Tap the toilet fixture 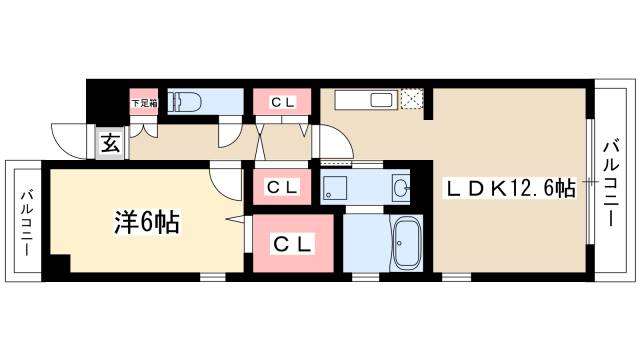click(x=185, y=102)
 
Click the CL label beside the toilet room click(x=282, y=102)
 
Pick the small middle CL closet click(x=282, y=186)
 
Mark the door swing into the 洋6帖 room click(x=226, y=179)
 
